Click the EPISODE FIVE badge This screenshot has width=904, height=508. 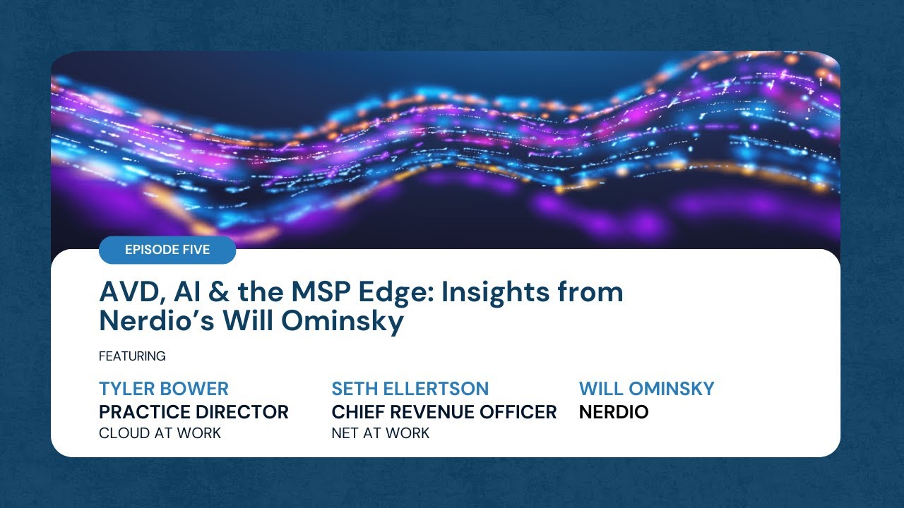pos(167,250)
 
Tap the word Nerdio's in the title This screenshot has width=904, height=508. pos(156,321)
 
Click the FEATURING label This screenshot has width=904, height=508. pos(132,356)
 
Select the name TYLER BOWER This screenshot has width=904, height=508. pos(164,389)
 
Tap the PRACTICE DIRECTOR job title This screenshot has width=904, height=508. pos(194,412)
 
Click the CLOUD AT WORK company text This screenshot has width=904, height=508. pos(160,433)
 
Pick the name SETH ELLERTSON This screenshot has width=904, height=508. pos(410,389)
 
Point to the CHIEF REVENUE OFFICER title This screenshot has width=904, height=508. pos(444,412)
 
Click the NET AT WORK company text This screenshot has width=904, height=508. pos(380,433)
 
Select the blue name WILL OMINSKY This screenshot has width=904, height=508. pos(646,389)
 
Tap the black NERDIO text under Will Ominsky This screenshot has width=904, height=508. pos(613,412)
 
